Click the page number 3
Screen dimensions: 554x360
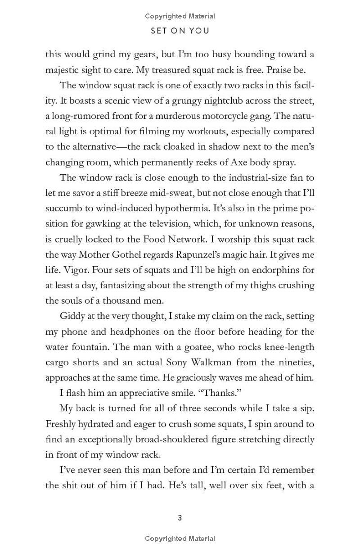pos(180,518)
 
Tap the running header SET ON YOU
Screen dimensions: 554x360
pos(180,31)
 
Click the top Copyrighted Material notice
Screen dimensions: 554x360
pos(180,16)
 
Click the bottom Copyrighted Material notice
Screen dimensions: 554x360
pos(180,539)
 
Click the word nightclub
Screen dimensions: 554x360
pos(217,100)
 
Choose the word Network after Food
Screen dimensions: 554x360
pos(192,239)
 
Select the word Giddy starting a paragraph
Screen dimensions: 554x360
pos(72,316)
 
